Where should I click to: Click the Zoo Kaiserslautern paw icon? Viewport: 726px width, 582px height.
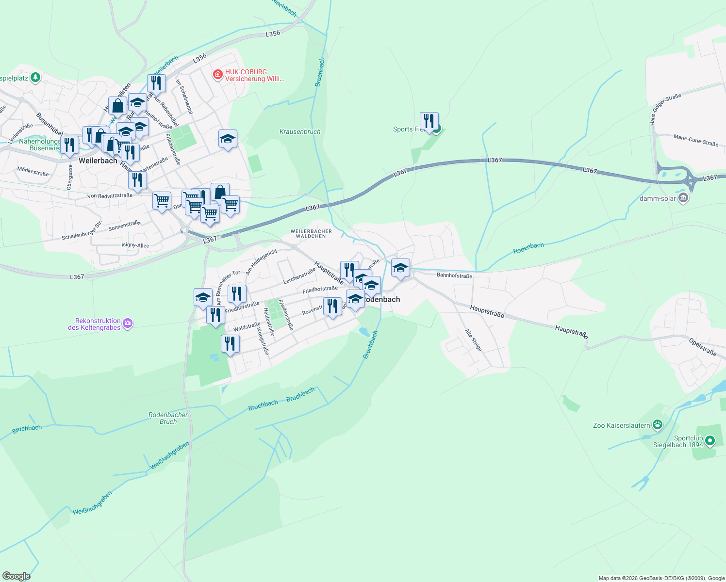click(658, 425)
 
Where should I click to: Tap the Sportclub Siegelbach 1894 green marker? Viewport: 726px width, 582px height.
click(710, 441)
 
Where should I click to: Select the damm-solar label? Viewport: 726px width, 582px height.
click(658, 198)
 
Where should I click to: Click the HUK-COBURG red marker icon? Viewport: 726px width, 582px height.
click(218, 74)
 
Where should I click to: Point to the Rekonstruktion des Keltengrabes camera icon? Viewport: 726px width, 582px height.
click(128, 323)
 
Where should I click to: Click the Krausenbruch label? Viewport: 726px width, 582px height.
click(300, 131)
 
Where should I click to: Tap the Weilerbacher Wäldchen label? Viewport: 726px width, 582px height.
click(311, 234)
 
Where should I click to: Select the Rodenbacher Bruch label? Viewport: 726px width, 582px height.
click(168, 418)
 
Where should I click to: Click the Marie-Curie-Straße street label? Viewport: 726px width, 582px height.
click(695, 140)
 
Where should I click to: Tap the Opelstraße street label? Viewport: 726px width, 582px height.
click(703, 347)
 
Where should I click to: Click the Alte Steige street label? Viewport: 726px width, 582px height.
click(473, 340)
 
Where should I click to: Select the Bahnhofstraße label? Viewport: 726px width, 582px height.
click(454, 275)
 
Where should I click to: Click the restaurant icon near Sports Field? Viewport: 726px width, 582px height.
click(429, 121)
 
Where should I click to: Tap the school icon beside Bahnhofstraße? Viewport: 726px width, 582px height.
click(400, 268)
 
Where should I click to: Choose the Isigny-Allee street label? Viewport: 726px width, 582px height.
click(135, 245)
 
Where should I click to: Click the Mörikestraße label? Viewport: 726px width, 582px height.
click(33, 171)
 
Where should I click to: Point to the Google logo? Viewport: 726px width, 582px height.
click(16, 576)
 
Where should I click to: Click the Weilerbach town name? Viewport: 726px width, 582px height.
click(98, 161)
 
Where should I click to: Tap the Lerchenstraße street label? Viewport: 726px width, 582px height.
click(299, 275)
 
